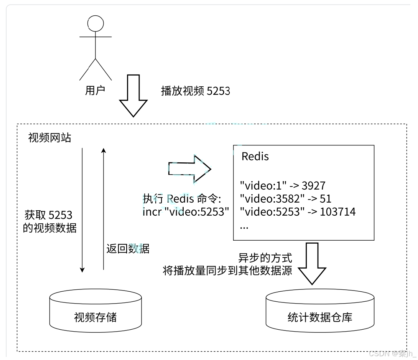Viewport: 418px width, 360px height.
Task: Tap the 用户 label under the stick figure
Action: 95,91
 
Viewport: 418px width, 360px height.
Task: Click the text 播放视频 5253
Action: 196,91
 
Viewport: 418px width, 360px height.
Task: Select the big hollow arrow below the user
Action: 133,96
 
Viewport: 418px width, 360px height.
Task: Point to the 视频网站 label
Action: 50,138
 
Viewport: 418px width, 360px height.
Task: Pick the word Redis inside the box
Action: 255,156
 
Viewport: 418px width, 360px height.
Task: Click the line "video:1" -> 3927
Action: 282,186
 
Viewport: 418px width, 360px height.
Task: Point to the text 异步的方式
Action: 265,258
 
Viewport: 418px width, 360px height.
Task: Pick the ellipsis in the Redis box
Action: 244,226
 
